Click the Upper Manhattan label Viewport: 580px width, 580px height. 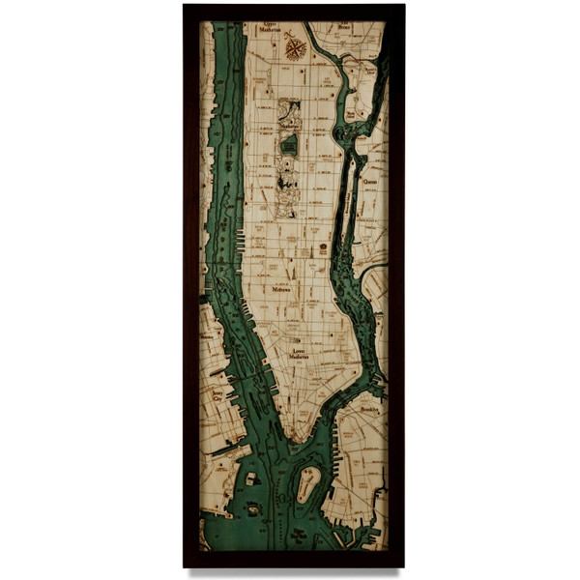(x=270, y=30)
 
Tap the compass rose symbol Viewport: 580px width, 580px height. (x=295, y=46)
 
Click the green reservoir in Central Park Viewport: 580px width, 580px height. (x=289, y=145)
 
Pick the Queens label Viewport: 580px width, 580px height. (x=369, y=179)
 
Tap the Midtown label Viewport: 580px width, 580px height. (x=282, y=288)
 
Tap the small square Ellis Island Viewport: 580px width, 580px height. (x=251, y=478)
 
